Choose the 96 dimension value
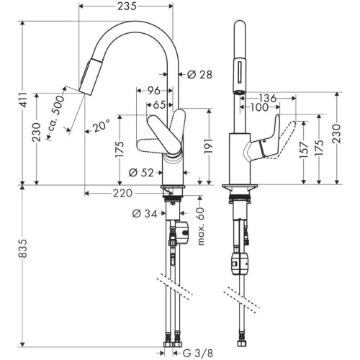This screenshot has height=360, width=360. point(153,91)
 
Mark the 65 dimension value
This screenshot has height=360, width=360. point(160,105)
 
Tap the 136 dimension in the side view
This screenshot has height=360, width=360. point(268,98)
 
